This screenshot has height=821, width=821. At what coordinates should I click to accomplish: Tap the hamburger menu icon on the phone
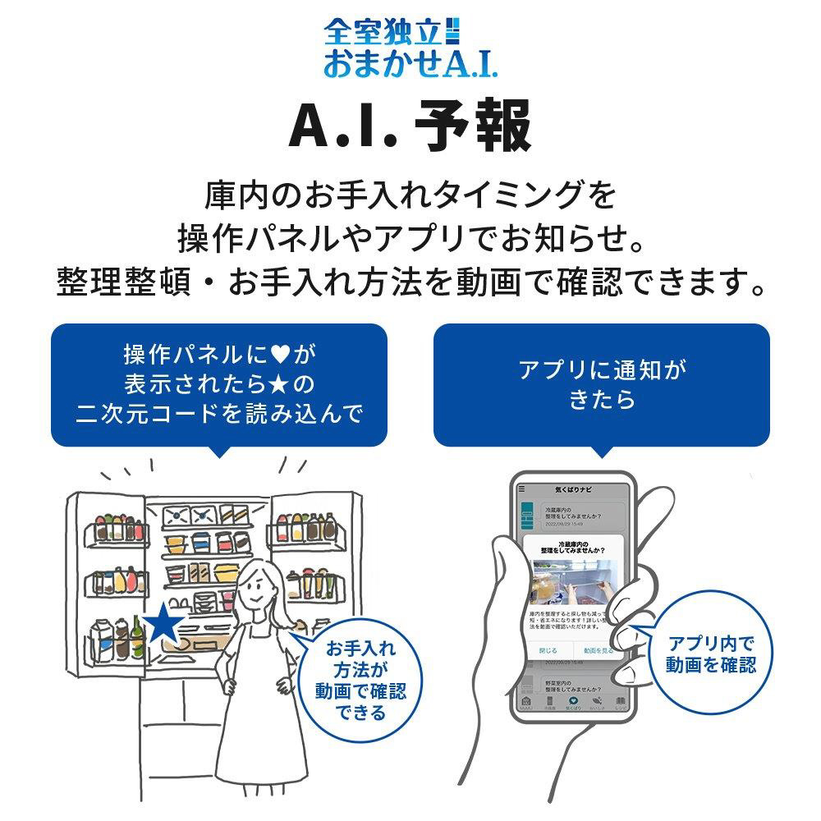coord(522,488)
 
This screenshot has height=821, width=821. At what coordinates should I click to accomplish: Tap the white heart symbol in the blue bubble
coord(279,355)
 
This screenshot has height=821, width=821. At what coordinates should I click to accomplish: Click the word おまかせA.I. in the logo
coord(410,64)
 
